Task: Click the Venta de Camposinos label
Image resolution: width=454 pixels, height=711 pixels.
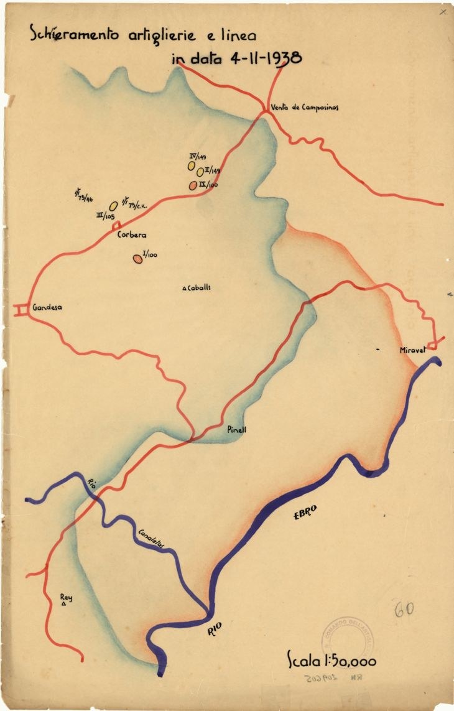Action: [305, 107]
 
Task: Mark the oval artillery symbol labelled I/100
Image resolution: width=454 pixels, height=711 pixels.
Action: [137, 259]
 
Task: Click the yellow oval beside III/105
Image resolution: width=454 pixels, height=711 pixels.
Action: [114, 205]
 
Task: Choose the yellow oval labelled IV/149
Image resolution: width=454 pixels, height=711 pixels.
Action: [192, 166]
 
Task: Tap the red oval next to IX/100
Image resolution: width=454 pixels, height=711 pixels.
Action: [193, 185]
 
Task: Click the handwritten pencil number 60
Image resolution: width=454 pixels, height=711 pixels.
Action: [405, 609]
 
